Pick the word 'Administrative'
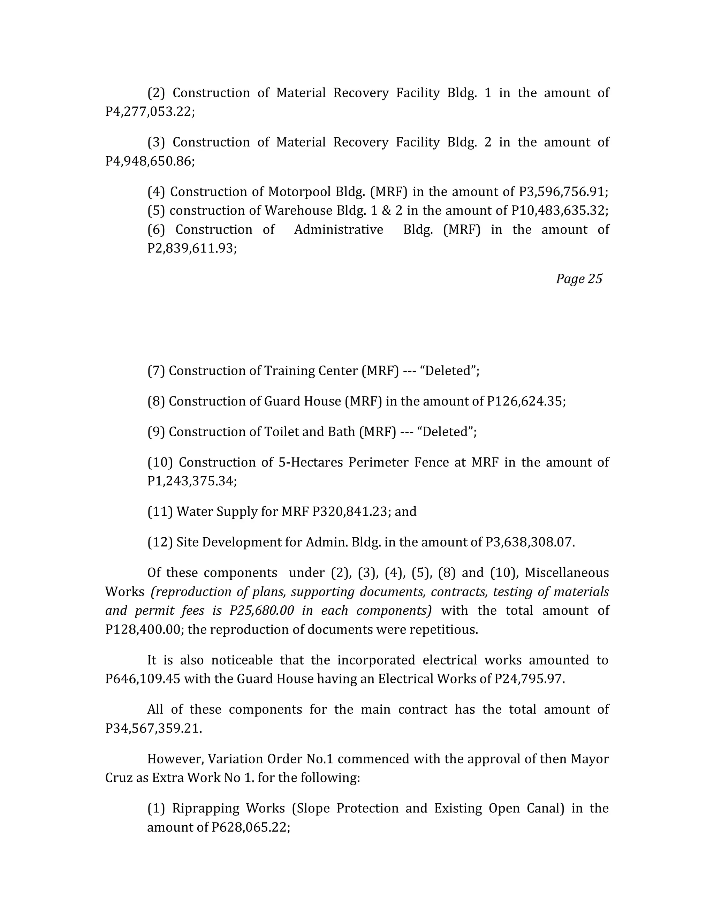click(339, 229)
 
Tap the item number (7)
click(155, 371)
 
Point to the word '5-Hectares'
click(310, 462)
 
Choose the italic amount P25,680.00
click(261, 611)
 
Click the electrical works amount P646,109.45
click(143, 679)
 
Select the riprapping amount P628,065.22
click(250, 827)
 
